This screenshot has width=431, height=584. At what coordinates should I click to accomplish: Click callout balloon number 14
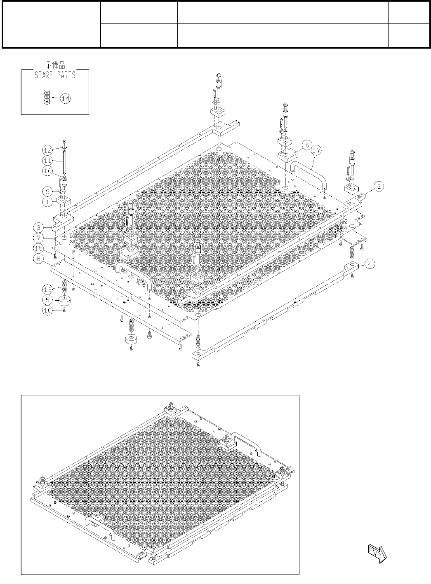(x=65, y=98)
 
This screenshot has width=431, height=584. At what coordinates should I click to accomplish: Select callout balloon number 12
(x=47, y=149)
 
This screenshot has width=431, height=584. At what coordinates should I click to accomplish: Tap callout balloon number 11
(x=47, y=160)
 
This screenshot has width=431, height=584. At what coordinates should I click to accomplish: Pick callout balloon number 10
(x=47, y=171)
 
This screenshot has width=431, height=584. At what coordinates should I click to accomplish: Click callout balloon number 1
(x=47, y=202)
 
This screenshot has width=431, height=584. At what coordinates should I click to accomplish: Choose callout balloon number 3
(x=38, y=227)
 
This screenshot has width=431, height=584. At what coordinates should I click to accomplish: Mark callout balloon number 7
(x=38, y=238)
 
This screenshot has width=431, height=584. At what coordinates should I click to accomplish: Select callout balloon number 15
(x=38, y=248)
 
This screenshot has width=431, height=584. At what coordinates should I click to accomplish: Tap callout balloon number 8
(x=38, y=259)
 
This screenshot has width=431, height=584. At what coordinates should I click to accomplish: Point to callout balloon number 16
(x=47, y=310)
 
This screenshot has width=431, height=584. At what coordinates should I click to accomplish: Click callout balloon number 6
(x=306, y=145)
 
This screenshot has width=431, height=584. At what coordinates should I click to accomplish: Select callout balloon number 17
(x=317, y=151)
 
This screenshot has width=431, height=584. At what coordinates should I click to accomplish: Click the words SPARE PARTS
(x=55, y=75)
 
